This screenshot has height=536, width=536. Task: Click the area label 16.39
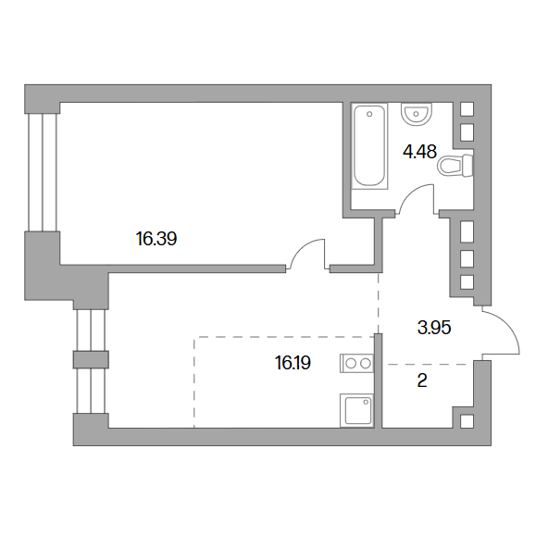(156, 239)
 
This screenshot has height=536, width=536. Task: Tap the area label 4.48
(419, 152)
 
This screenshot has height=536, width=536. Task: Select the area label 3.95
(434, 328)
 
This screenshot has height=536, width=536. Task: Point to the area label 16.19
(293, 363)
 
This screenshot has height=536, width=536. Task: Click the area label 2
(422, 380)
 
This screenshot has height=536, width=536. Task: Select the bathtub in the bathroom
(369, 146)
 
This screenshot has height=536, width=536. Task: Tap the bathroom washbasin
(417, 114)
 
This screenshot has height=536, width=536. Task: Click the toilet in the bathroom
(456, 166)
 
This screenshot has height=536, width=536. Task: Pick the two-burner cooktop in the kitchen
(357, 364)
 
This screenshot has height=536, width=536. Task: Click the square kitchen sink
(357, 410)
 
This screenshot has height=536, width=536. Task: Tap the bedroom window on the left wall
(43, 172)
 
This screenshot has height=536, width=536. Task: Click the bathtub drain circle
(369, 114)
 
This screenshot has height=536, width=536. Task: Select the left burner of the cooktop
(351, 364)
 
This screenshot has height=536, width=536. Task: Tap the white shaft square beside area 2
(467, 421)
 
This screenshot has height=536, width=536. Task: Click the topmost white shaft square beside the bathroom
(467, 109)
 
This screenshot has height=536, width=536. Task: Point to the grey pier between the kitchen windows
(91, 359)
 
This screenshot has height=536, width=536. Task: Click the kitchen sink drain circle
(367, 402)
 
